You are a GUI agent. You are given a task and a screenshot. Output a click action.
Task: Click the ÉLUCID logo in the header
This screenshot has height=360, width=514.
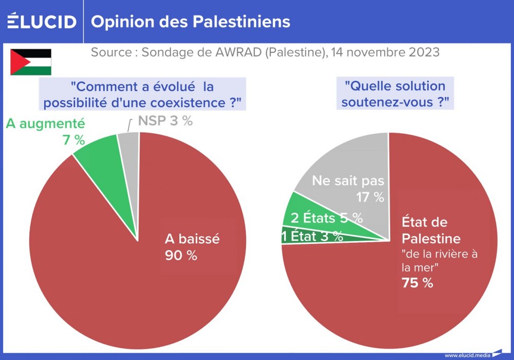[x=42, y=22]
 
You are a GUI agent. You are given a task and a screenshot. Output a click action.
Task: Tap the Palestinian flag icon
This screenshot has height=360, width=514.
[x=31, y=62]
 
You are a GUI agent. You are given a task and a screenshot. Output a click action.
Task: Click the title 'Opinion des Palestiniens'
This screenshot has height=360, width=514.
[x=190, y=22]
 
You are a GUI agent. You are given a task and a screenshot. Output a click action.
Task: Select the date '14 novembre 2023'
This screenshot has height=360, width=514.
[x=385, y=52]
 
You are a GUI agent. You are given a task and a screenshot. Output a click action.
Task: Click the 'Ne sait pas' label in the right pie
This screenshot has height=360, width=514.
[x=348, y=181]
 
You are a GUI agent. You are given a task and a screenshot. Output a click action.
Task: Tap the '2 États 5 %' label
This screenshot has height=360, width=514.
[x=327, y=218]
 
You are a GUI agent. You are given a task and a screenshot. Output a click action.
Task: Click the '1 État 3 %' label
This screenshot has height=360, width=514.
[x=313, y=236]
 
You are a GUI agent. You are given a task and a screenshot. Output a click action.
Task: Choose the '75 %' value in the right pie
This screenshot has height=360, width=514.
[x=417, y=282]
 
